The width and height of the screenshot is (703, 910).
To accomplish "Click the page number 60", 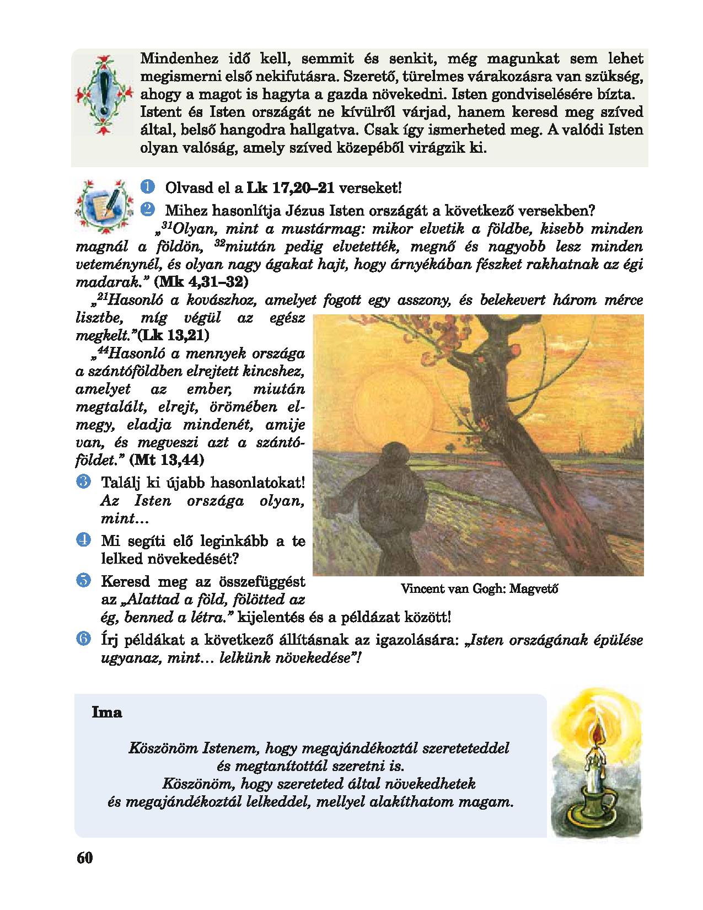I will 85,858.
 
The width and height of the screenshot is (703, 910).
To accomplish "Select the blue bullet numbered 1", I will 147,187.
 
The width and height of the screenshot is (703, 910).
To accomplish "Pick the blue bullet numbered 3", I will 84,481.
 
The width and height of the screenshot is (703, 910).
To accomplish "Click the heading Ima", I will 107,712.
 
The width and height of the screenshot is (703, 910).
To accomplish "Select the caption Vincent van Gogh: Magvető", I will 480,588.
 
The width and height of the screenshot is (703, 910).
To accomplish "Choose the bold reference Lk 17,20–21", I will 291,188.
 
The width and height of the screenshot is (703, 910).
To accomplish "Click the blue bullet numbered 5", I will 84,580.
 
